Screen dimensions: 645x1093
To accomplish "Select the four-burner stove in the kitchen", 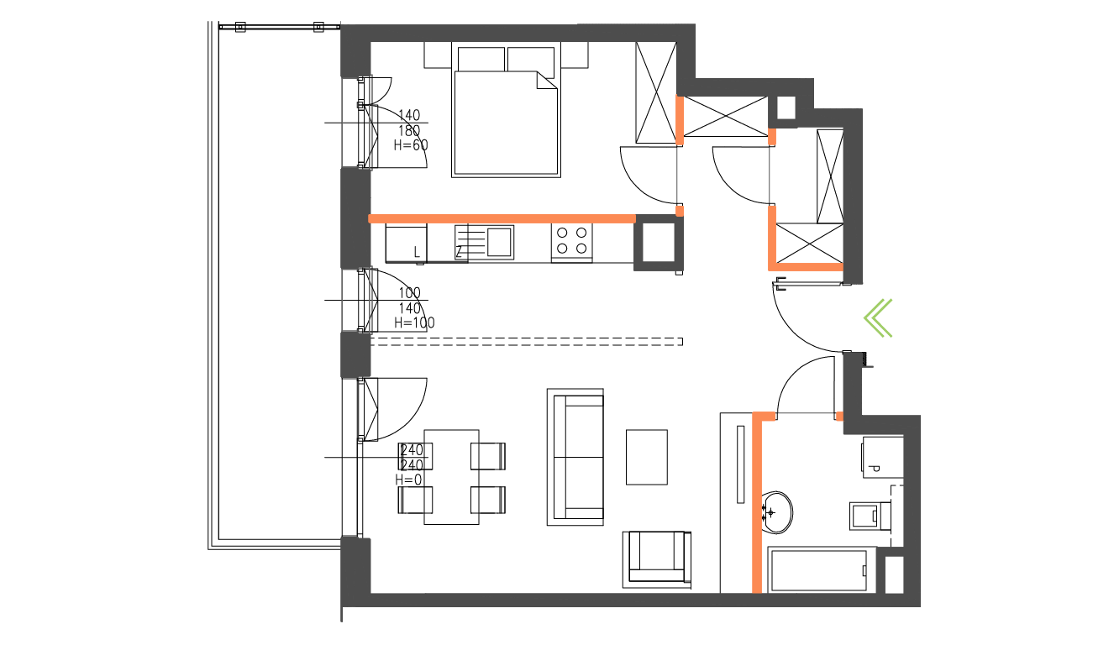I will pyautogui.click(x=571, y=241).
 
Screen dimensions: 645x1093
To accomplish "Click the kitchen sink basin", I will pyautogui.click(x=500, y=241).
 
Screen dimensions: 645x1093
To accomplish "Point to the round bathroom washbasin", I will pyautogui.click(x=778, y=511).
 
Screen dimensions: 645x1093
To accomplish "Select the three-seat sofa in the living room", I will pyautogui.click(x=575, y=457).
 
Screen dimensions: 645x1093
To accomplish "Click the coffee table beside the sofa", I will pyautogui.click(x=647, y=457).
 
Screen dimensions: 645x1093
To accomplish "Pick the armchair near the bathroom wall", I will pyautogui.click(x=656, y=559).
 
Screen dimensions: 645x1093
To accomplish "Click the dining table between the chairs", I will pyautogui.click(x=451, y=476).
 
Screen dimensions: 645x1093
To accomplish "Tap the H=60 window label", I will pyautogui.click(x=411, y=144).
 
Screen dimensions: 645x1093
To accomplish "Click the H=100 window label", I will pyautogui.click(x=413, y=322).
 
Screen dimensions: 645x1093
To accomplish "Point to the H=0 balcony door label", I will pyautogui.click(x=409, y=480).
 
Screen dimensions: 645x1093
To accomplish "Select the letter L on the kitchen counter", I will pyautogui.click(x=417, y=251).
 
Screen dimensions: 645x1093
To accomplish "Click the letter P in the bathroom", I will pyautogui.click(x=875, y=469).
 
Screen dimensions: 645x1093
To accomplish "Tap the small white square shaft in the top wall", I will pyautogui.click(x=786, y=107).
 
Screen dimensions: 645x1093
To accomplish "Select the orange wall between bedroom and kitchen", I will pyautogui.click(x=502, y=218).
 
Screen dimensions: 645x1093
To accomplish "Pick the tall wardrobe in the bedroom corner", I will pyautogui.click(x=656, y=93).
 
